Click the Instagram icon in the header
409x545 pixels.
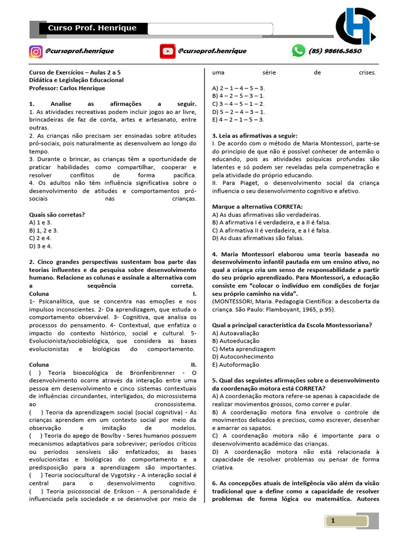36,51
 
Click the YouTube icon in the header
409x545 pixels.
167,51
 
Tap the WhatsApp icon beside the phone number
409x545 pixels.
298,51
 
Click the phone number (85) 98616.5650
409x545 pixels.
335,51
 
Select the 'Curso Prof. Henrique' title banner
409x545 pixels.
92,28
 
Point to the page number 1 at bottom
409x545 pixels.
333,521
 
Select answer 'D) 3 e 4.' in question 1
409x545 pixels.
40,246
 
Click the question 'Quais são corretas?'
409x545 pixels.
57,214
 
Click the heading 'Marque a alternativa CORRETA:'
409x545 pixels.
257,207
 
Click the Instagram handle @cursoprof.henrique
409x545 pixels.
79,51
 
